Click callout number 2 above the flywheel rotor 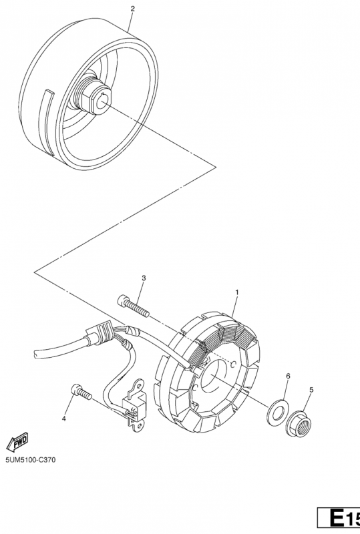[133, 9]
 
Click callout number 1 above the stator [237, 292]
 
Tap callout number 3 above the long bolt [144, 278]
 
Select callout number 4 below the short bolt [63, 419]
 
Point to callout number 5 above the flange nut [311, 390]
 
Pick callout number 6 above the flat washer [288, 376]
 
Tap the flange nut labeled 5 [299, 423]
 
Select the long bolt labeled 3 [133, 306]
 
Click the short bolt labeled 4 [81, 392]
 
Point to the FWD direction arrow [17, 442]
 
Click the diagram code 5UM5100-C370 [30, 460]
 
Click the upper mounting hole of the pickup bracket [139, 385]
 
